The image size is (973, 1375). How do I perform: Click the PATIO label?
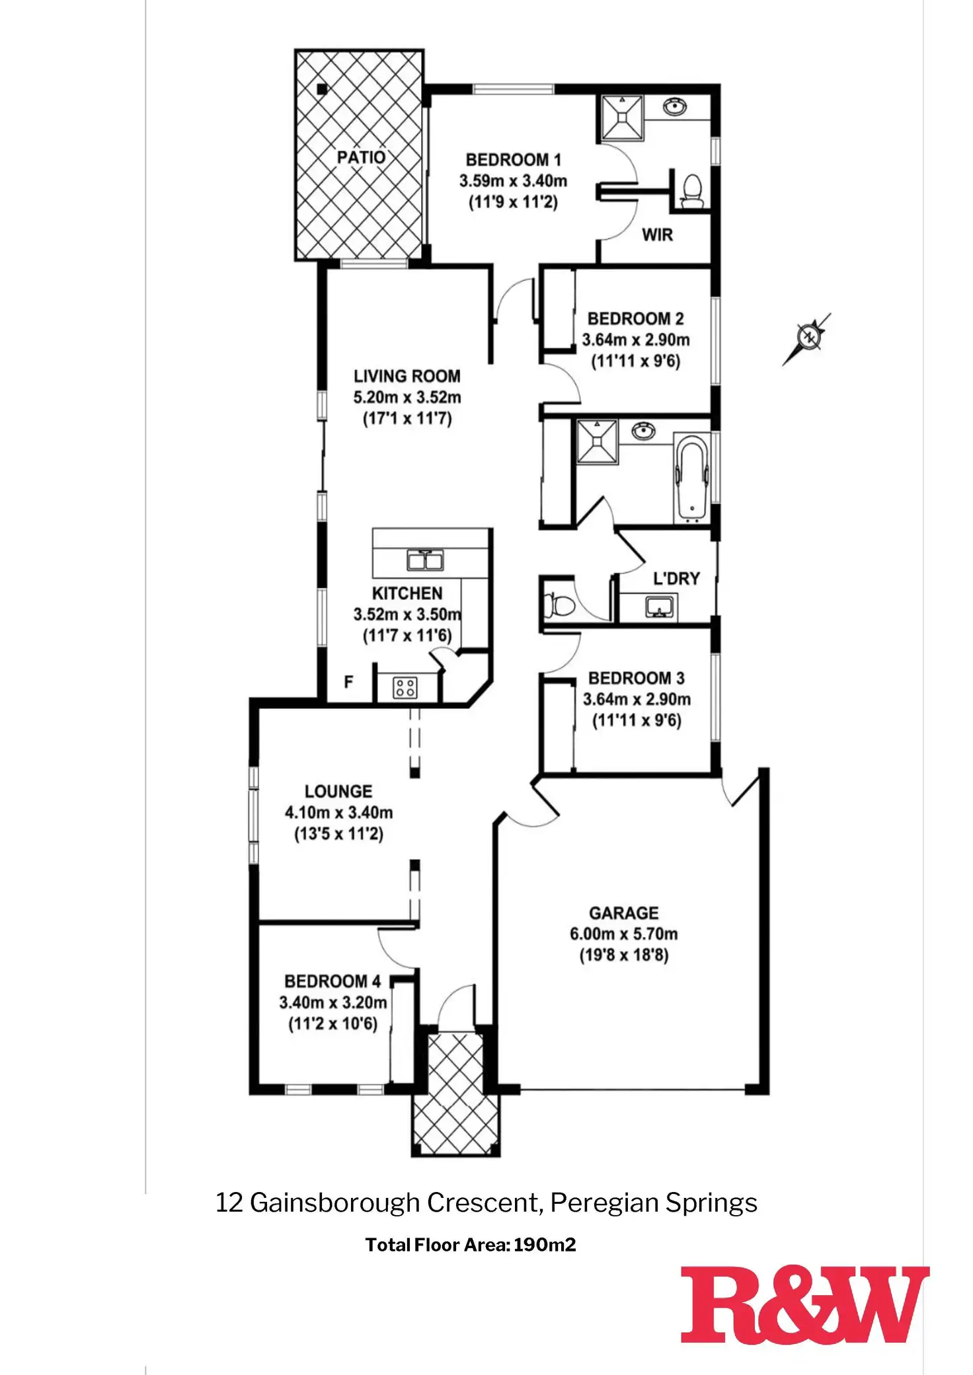pyautogui.click(x=361, y=157)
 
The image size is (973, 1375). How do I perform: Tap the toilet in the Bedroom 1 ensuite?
pyautogui.click(x=691, y=192)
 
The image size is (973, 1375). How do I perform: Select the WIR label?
pyautogui.click(x=657, y=235)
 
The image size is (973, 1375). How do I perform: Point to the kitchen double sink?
pyautogui.click(x=424, y=560)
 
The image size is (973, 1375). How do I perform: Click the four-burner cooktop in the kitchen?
pyautogui.click(x=405, y=687)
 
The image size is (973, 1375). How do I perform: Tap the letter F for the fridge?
pyautogui.click(x=348, y=681)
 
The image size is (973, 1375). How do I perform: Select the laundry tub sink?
pyautogui.click(x=658, y=606)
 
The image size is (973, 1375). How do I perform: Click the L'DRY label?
pyautogui.click(x=676, y=579)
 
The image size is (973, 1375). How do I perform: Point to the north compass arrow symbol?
pyautogui.click(x=808, y=338)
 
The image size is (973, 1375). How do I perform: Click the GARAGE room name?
pyautogui.click(x=623, y=913)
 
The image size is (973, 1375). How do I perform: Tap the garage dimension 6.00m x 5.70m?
pyautogui.click(x=623, y=934)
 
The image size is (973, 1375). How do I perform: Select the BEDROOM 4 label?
pyautogui.click(x=332, y=981)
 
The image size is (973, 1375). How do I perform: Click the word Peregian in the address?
pyautogui.click(x=603, y=1203)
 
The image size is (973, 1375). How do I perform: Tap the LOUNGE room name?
pyautogui.click(x=338, y=791)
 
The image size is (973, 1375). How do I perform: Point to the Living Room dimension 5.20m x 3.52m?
pyautogui.click(x=407, y=397)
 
